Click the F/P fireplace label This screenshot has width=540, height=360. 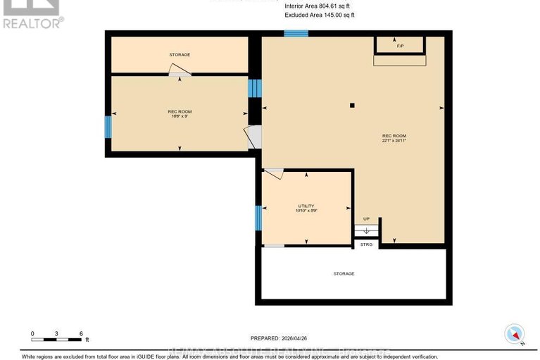(x=400, y=46)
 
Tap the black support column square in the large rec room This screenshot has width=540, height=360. (x=353, y=106)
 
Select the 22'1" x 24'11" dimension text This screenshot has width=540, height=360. (x=394, y=141)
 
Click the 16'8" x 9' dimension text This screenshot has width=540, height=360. (x=180, y=116)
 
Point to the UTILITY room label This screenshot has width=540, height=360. (x=306, y=205)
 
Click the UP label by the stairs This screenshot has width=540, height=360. (x=366, y=219)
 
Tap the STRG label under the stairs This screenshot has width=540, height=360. (x=366, y=244)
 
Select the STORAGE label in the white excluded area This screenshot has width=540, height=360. (x=344, y=273)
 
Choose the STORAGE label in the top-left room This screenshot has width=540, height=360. (x=180, y=54)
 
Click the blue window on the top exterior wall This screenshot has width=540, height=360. (x=296, y=33)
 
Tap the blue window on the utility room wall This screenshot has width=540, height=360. (x=258, y=217)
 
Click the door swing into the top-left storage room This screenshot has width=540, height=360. (x=179, y=69)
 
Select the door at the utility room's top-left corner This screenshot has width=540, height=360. (x=273, y=173)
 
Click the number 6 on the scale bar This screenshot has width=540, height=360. (x=81, y=333)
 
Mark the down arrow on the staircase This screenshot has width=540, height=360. (x=366, y=230)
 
